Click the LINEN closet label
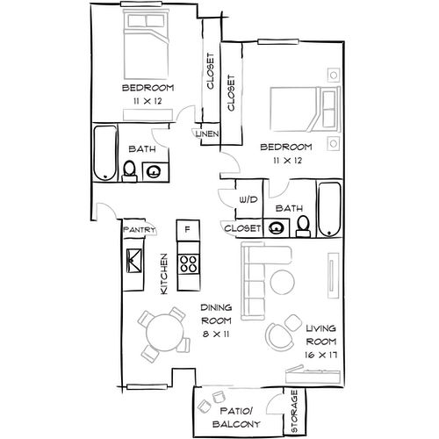click(207, 134)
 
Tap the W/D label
click(248, 200)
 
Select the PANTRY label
click(140, 229)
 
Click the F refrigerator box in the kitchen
click(188, 230)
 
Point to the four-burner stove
click(189, 263)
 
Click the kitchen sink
click(133, 261)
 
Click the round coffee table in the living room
click(283, 282)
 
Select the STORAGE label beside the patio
click(294, 411)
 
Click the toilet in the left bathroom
click(129, 172)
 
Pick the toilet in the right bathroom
click(303, 227)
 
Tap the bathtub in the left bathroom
click(105, 154)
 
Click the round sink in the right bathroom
click(277, 228)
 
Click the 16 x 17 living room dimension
click(320, 355)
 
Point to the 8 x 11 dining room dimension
click(216, 334)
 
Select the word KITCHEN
click(164, 274)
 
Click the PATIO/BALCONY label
click(236, 418)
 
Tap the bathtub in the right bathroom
click(329, 210)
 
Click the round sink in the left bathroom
click(154, 171)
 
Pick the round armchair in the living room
click(279, 337)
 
